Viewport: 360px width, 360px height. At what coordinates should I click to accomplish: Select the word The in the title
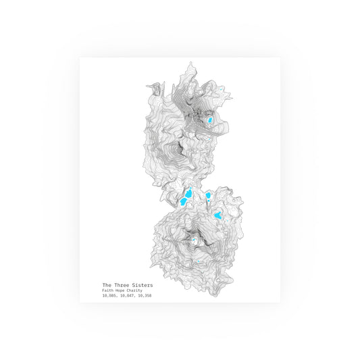107,285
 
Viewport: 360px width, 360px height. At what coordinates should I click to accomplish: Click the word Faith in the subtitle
108,290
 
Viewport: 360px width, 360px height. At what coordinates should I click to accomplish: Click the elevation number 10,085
109,296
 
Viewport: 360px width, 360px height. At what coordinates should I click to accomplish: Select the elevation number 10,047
126,296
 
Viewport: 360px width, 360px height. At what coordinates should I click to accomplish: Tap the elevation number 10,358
144,296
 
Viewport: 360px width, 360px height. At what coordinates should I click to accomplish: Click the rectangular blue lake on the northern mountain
210,120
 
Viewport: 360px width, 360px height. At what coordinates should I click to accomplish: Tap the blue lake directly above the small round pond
209,195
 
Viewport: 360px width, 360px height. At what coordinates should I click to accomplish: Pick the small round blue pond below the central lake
209,203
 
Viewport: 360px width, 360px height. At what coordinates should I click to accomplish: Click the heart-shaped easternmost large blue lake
218,215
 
